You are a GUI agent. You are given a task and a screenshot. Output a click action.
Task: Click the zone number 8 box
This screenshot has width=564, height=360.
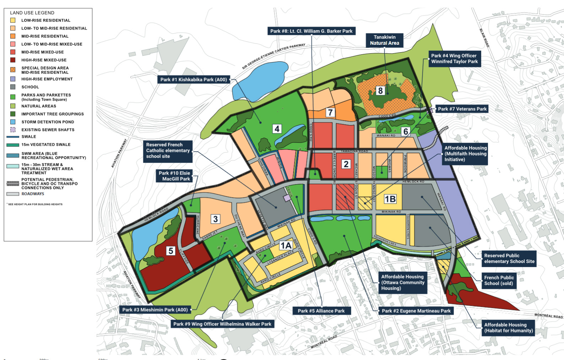point(380,91)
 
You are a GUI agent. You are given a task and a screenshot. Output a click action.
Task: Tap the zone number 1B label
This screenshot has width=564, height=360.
point(390,199)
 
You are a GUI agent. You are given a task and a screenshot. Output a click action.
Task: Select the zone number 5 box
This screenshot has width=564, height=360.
point(171,251)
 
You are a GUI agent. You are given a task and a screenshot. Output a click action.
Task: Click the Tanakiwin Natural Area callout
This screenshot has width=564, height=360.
point(384,40)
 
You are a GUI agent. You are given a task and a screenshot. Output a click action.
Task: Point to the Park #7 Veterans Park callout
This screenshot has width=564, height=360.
point(462,109)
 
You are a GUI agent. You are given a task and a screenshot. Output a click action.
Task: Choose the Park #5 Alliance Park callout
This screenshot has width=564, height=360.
point(321,311)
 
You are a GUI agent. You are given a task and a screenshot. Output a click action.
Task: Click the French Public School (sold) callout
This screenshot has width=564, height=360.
point(499,280)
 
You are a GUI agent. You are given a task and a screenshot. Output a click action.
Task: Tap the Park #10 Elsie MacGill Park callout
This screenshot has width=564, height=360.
point(174,176)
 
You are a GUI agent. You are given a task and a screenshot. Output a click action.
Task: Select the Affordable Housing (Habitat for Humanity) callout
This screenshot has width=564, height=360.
point(508,327)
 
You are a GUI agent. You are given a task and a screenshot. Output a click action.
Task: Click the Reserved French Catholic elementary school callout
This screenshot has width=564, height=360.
point(168,151)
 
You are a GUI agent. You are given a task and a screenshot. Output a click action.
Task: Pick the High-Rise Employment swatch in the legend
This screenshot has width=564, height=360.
point(13,79)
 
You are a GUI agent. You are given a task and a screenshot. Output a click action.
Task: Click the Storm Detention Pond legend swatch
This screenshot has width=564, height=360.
point(13,122)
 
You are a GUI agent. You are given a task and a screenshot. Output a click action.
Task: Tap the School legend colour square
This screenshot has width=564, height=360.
point(13,87)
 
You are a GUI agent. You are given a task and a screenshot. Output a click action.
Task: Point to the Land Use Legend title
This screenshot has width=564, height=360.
point(32,13)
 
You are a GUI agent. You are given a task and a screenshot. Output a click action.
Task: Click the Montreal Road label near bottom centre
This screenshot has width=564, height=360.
point(324,342)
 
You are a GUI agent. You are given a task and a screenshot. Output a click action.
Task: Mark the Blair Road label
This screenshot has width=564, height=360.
point(484,38)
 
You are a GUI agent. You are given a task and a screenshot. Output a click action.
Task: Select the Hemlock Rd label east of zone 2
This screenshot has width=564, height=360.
point(413,182)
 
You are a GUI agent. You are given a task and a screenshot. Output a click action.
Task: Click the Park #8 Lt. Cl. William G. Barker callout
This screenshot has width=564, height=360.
point(311,31)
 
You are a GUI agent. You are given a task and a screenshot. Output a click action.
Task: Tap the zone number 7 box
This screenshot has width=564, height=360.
point(330,113)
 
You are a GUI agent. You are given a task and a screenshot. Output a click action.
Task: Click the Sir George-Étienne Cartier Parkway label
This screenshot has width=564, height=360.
point(273,56)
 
